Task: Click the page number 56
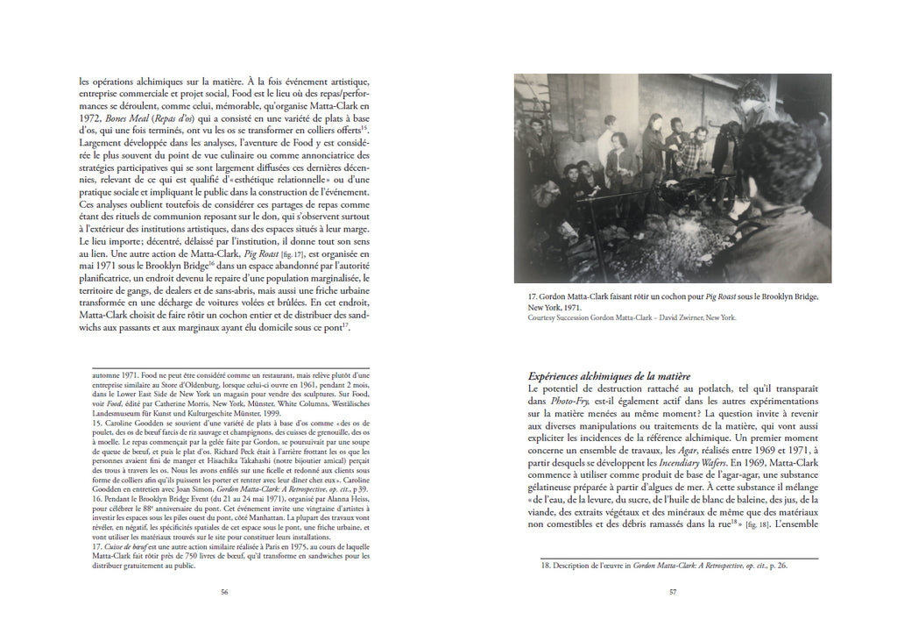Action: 223,592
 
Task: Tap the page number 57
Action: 672,592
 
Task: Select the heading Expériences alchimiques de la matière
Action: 610,376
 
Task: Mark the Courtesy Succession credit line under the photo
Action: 632,318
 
